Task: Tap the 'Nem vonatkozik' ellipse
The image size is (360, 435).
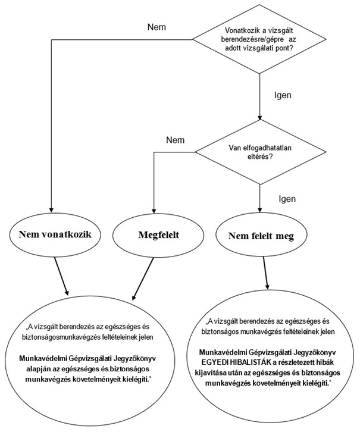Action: (x=53, y=234)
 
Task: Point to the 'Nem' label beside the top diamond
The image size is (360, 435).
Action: (x=156, y=27)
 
